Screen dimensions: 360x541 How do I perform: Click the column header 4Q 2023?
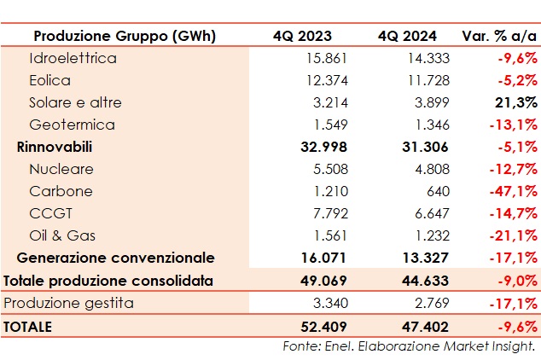[x=302, y=36]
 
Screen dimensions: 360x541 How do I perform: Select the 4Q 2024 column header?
[x=407, y=36]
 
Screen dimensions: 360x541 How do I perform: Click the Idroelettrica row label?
[x=73, y=58]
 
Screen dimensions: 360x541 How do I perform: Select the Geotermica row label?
[x=72, y=125]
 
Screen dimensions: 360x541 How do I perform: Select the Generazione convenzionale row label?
[x=116, y=258]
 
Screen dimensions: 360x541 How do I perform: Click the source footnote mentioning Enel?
[x=409, y=345]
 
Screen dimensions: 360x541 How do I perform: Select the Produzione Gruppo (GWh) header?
[x=125, y=36]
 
